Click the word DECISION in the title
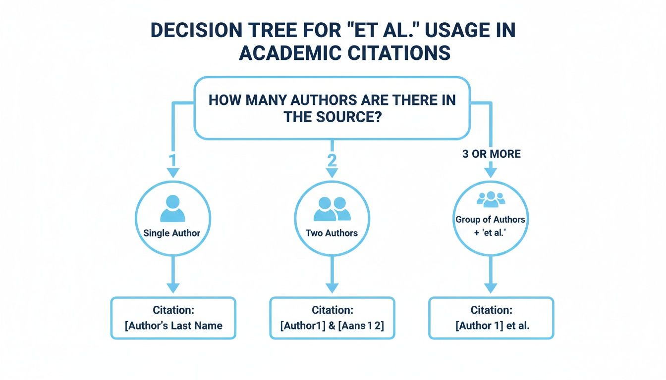[x=197, y=30]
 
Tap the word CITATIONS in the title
[x=399, y=53]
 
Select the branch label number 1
[x=172, y=160]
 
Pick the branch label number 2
[x=332, y=160]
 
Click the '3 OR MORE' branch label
[x=492, y=154]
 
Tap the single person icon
[x=173, y=208]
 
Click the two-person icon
[x=332, y=209]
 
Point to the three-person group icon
[x=491, y=199]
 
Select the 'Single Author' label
[x=172, y=233]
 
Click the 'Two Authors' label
[x=332, y=233]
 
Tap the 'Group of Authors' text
[x=490, y=219]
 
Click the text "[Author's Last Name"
[x=173, y=326]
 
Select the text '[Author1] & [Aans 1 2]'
[x=332, y=326]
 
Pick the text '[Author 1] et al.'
[x=493, y=326]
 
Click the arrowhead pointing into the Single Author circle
[x=173, y=173]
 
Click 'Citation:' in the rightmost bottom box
[x=492, y=310]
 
